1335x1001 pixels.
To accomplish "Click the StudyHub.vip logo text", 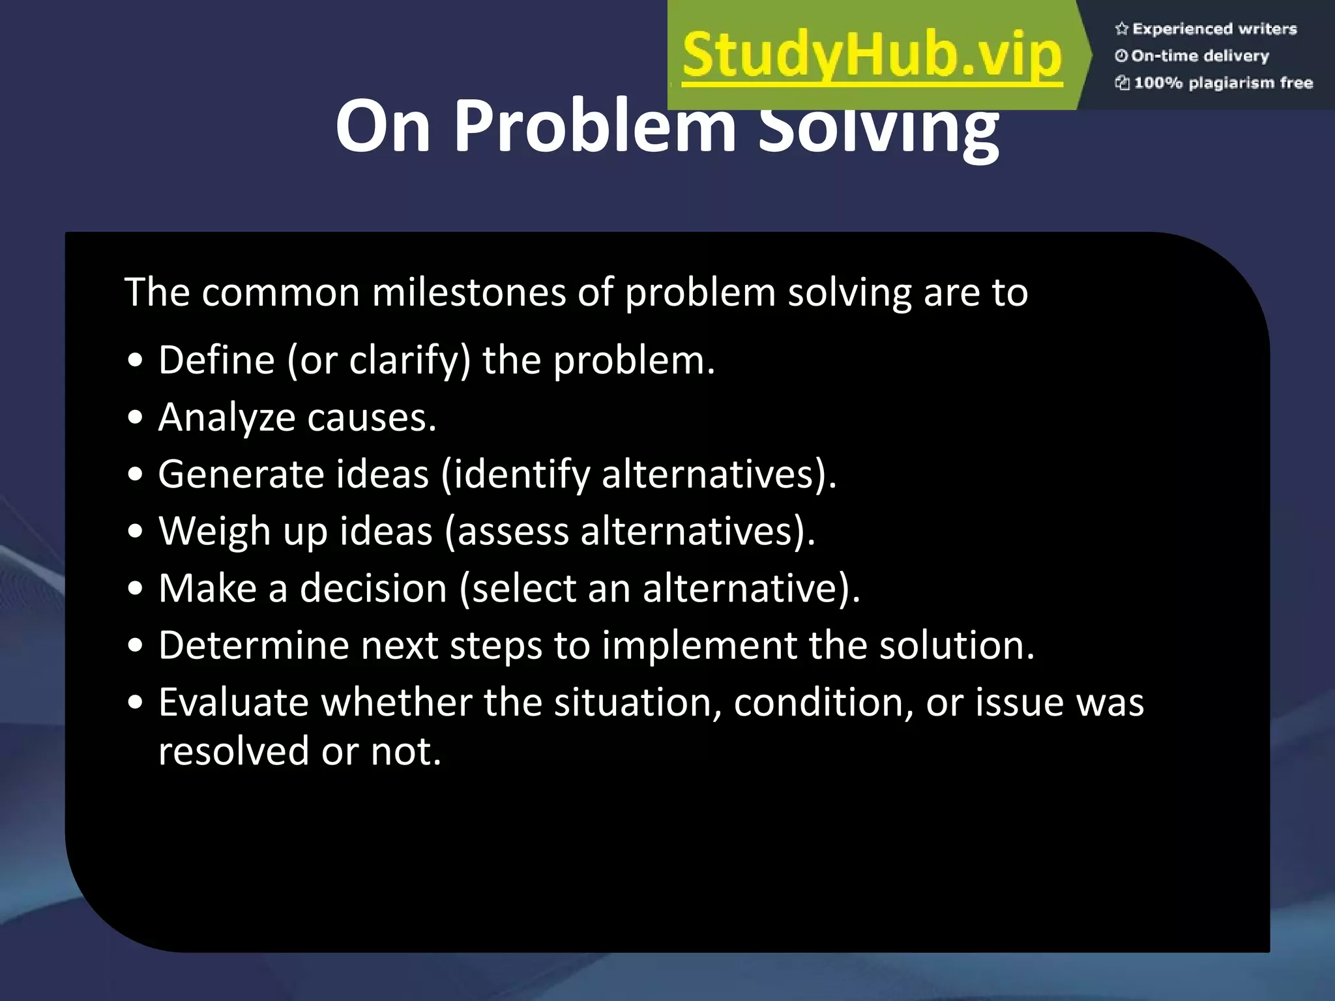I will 872,56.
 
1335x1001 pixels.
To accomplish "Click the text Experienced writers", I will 1214,29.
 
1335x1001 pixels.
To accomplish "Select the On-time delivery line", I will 1199,56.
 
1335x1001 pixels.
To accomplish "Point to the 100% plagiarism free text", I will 1223,83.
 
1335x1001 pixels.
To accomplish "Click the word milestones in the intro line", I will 469,292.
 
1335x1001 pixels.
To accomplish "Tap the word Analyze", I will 227,417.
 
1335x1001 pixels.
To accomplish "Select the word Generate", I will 241,474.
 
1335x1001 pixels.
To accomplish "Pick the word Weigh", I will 214,531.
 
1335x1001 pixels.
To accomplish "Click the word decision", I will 374,588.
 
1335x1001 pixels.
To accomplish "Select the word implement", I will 699,645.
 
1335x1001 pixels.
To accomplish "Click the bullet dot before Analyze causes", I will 136,418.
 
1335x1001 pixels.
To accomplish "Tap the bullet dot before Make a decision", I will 136,589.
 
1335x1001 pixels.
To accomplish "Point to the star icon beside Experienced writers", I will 1121,29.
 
